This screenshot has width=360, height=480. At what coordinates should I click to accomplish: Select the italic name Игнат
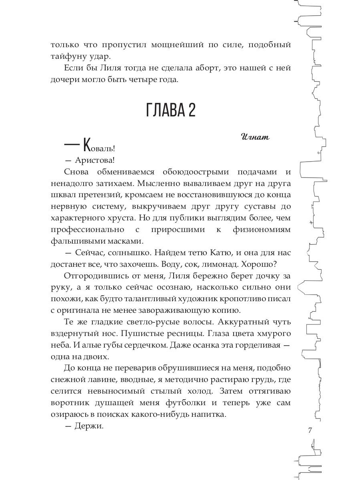pyautogui.click(x=256, y=137)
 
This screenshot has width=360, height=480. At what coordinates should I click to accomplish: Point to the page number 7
pyautogui.click(x=310, y=430)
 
